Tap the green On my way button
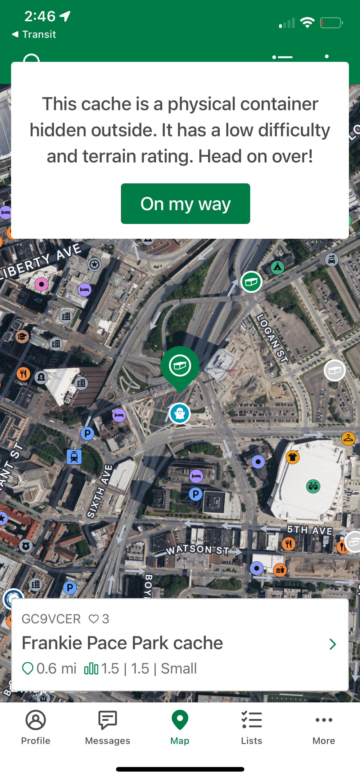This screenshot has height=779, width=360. pos(185,204)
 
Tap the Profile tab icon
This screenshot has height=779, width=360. pos(36,720)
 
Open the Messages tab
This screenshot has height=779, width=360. pos(107,726)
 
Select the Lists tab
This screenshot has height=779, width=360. pos(252,726)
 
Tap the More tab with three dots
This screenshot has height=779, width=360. pos(324,726)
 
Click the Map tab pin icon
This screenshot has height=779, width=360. pos(180,720)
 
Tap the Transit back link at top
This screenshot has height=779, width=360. pos(34,34)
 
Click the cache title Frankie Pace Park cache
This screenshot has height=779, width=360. pos(122,643)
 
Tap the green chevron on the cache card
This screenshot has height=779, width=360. pos(332,644)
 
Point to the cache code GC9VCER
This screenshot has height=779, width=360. pos(51,619)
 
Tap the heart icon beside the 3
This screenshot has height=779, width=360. pos(94,619)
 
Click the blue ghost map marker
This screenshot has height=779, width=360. pos(180,413)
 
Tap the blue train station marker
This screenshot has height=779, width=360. pos(74,457)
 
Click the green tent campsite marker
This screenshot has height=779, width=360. pos(278,267)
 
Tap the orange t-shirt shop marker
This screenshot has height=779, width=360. pos(293,457)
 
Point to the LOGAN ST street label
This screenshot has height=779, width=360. pos(273,338)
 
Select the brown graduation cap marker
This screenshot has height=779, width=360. pos(22,337)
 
